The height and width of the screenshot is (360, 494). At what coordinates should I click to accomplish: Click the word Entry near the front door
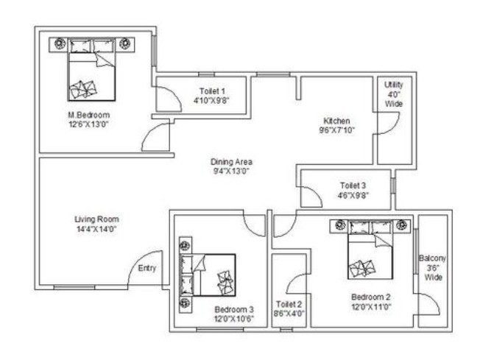pyautogui.click(x=147, y=268)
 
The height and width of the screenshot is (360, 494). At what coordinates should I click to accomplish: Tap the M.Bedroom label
pyautogui.click(x=89, y=115)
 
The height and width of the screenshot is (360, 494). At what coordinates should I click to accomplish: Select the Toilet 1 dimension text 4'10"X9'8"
pyautogui.click(x=211, y=101)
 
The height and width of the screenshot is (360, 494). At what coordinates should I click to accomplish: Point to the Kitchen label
pyautogui.click(x=336, y=121)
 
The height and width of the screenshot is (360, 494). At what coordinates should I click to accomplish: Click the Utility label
pyautogui.click(x=394, y=85)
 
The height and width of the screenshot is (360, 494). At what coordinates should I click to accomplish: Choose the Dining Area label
pyautogui.click(x=232, y=162)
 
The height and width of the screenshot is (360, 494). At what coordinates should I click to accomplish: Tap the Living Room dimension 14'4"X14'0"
pyautogui.click(x=96, y=229)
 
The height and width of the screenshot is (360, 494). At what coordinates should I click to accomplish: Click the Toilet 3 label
pyautogui.click(x=353, y=186)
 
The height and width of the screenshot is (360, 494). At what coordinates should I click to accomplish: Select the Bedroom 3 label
pyautogui.click(x=234, y=309)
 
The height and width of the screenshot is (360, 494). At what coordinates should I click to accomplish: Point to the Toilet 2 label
pyautogui.click(x=289, y=304)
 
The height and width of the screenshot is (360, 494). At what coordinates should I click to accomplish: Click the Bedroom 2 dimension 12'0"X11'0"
pyautogui.click(x=371, y=307)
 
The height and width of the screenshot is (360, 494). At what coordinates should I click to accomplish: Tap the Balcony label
pyautogui.click(x=433, y=258)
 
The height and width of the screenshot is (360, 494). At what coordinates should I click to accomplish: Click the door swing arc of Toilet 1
pyautogui.click(x=176, y=93)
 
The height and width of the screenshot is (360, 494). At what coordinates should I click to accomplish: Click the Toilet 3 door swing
pyautogui.click(x=316, y=193)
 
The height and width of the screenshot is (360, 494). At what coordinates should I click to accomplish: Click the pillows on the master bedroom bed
pyautogui.click(x=91, y=46)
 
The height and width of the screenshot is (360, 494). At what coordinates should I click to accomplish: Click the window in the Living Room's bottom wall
pyautogui.click(x=74, y=287)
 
